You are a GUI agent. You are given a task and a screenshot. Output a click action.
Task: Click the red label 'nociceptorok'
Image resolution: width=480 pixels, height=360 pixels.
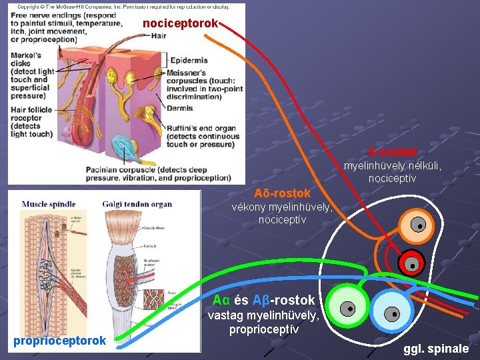click(x=180, y=23)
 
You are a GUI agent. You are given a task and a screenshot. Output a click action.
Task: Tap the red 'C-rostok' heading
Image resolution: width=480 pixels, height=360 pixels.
click(x=393, y=152)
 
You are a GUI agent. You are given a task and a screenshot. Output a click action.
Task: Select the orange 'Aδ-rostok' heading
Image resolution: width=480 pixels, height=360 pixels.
click(x=282, y=193)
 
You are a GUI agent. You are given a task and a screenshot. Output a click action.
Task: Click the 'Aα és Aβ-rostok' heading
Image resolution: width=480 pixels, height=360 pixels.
click(x=263, y=300)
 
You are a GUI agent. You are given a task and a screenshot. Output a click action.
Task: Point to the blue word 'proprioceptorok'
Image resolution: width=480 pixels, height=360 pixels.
click(x=59, y=341)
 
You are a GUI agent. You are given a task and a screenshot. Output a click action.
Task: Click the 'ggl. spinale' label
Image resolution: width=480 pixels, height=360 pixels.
click(x=435, y=348)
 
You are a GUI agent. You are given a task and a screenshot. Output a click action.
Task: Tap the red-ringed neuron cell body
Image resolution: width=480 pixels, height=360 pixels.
click(x=412, y=263)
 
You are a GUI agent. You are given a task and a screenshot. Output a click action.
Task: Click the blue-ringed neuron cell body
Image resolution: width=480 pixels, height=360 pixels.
click(x=393, y=311)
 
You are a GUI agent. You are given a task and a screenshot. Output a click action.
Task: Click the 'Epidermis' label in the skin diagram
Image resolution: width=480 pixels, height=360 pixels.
click(x=189, y=60)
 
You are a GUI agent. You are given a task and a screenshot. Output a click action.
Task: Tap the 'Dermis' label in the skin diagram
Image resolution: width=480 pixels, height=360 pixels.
click(x=180, y=108)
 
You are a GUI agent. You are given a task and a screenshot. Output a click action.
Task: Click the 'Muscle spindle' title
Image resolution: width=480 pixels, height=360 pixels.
click(x=49, y=204)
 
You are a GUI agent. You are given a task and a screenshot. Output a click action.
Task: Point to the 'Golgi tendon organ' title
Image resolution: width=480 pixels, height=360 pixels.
click(x=137, y=204)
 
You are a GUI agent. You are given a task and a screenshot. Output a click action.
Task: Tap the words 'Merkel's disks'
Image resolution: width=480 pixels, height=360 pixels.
click(x=26, y=59)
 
